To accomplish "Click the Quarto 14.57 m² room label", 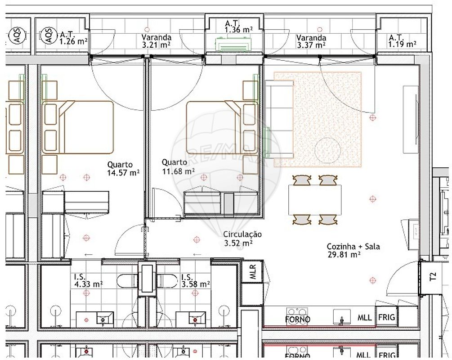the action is [123, 169].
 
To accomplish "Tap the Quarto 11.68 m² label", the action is [178, 167].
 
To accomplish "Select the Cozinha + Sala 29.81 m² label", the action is [353, 250].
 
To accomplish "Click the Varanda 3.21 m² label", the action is [156, 41].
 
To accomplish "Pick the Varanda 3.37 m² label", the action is [311, 41].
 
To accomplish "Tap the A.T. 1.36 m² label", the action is [239, 26].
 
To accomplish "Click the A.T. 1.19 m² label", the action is [403, 41].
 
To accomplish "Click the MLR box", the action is [252, 271].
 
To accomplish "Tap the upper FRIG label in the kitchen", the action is [387, 317].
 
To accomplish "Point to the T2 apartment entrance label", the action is [433, 277].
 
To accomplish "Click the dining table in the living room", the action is [315, 200].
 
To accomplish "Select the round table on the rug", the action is [327, 151].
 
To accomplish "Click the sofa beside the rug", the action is [279, 119].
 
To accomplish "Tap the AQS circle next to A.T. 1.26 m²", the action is [49, 35].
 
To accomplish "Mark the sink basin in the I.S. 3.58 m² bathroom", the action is [195, 319].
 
